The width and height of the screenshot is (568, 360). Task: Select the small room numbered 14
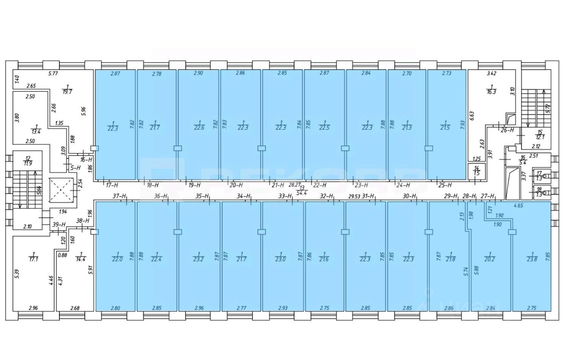(476, 170)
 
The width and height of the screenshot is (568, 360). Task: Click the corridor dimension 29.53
(354, 196)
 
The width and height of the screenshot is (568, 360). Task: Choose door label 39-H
(59, 225)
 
